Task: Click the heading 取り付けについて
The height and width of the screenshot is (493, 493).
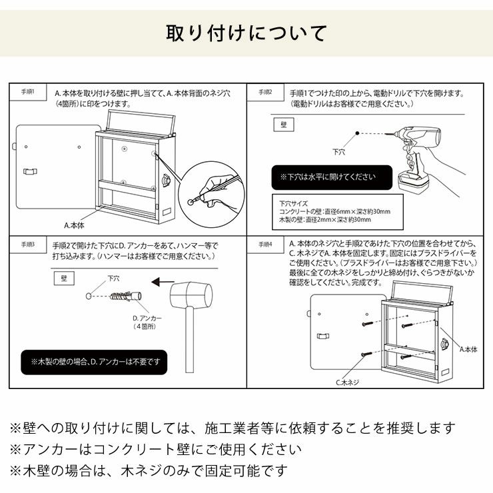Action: [246, 33]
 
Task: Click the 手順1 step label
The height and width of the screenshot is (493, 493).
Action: [28, 91]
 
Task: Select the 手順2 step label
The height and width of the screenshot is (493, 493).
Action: [265, 91]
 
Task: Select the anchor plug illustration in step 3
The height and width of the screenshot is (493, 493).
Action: [124, 296]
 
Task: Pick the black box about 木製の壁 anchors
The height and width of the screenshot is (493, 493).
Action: [94, 362]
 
